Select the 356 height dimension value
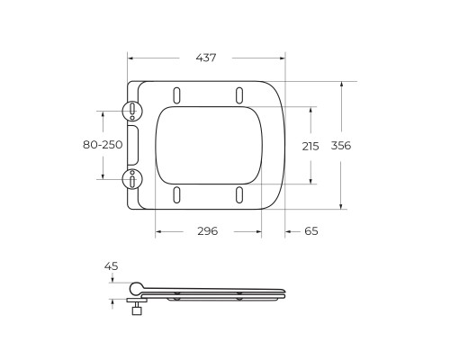tap(340, 146)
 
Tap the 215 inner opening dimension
tap(310, 146)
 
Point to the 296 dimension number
tap(208, 231)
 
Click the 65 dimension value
tap(310, 231)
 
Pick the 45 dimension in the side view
tap(111, 265)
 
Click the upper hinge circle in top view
tap(132, 110)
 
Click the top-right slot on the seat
tap(238, 94)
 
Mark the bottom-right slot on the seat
tap(238, 193)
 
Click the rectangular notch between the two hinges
tap(135, 144)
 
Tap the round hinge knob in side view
tap(136, 288)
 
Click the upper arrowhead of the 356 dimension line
tap(342, 84)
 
